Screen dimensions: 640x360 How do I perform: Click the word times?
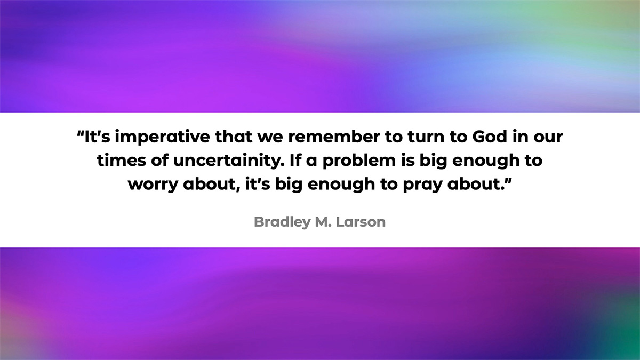tap(121, 161)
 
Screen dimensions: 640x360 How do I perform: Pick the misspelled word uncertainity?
tap(229, 161)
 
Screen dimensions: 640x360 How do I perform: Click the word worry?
tap(153, 185)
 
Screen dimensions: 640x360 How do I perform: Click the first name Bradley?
tap(282, 222)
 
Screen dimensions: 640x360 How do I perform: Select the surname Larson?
tap(361, 222)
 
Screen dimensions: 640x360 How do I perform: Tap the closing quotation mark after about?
tap(508, 180)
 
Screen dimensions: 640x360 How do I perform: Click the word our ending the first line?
tap(548, 138)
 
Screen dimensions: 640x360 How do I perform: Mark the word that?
tap(234, 137)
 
